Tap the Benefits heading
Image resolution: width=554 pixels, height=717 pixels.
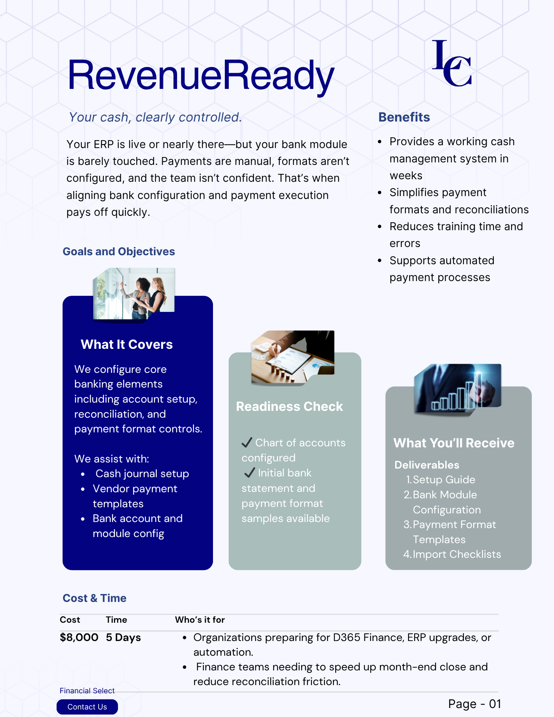point(404,117)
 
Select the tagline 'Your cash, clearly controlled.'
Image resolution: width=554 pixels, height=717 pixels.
point(155,117)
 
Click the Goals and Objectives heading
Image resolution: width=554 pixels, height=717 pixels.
point(119,252)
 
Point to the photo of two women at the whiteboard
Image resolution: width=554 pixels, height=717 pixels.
point(134,294)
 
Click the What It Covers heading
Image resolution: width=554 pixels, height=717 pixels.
point(127,345)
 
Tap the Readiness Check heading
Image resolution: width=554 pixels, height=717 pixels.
point(289,407)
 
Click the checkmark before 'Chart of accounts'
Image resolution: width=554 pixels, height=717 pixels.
point(247,443)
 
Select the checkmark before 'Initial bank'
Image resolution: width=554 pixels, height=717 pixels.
point(250,473)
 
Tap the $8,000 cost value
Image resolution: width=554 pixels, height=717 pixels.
point(79,637)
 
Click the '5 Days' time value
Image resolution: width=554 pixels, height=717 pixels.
point(123,637)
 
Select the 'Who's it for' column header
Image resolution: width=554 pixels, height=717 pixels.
point(200,620)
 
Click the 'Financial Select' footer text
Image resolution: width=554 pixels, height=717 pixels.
point(87,691)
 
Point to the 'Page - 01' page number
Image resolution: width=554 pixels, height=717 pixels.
point(474,704)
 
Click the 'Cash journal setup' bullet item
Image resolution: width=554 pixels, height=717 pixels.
point(142,474)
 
